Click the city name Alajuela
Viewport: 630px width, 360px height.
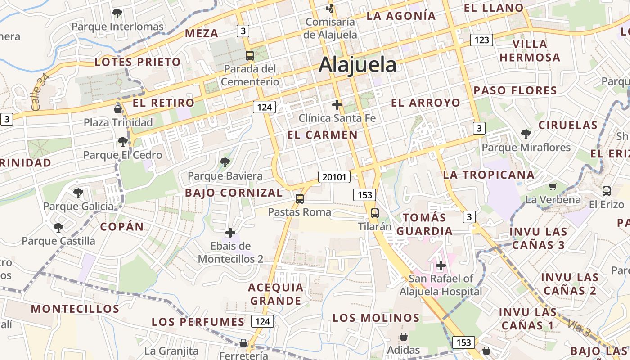click(357, 65)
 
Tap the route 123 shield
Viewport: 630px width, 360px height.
click(481, 40)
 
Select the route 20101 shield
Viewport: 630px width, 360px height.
click(334, 177)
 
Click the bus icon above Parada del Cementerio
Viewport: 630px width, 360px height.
click(249, 56)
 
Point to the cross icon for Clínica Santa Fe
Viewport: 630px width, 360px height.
click(337, 105)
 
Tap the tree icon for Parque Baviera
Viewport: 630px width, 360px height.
click(225, 162)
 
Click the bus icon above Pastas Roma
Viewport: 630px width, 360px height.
click(299, 198)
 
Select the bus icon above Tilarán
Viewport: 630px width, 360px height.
click(374, 213)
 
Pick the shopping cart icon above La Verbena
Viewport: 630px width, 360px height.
click(553, 186)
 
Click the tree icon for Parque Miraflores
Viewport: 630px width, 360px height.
click(526, 134)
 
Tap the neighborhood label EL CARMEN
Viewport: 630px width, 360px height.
click(322, 135)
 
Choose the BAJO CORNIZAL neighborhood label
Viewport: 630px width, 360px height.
click(234, 193)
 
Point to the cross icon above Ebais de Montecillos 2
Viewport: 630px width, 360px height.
click(230, 233)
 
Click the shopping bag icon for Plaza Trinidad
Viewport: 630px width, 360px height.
click(118, 109)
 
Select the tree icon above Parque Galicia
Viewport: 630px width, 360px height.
click(78, 193)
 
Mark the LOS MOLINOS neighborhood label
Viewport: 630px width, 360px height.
click(376, 318)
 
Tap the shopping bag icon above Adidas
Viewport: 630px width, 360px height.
click(404, 337)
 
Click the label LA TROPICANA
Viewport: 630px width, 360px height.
click(489, 175)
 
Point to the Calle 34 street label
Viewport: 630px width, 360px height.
click(40, 92)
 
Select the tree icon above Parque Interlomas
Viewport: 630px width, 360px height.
click(117, 13)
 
